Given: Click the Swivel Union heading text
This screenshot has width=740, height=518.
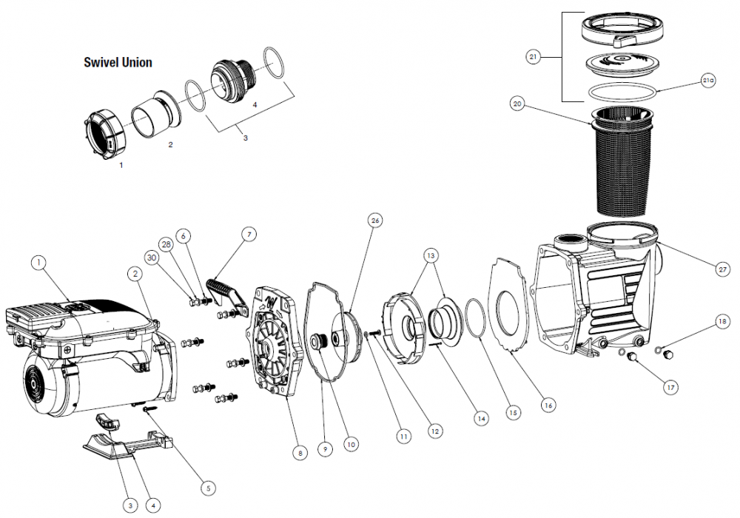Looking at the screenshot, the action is click(118, 62).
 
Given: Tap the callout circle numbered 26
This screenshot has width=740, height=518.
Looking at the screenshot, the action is click(375, 221).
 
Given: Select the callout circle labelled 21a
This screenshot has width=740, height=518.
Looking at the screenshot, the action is click(708, 81).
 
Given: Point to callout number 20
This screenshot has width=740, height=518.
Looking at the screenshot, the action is click(518, 104).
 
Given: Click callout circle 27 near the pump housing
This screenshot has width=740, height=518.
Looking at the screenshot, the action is click(722, 269).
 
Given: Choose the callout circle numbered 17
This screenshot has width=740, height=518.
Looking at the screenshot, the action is click(670, 388).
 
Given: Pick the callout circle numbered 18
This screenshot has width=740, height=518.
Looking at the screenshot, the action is click(722, 322).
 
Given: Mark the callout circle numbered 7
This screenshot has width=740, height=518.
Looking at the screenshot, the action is click(249, 234).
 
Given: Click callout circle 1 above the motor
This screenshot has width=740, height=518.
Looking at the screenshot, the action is click(38, 263).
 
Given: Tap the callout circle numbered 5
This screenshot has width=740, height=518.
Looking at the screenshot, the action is click(208, 488).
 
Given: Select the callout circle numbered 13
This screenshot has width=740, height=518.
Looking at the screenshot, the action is click(431, 256).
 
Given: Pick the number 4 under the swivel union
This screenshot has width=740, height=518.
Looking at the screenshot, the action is click(255, 105).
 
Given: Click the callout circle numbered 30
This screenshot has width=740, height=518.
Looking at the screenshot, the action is click(152, 258).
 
